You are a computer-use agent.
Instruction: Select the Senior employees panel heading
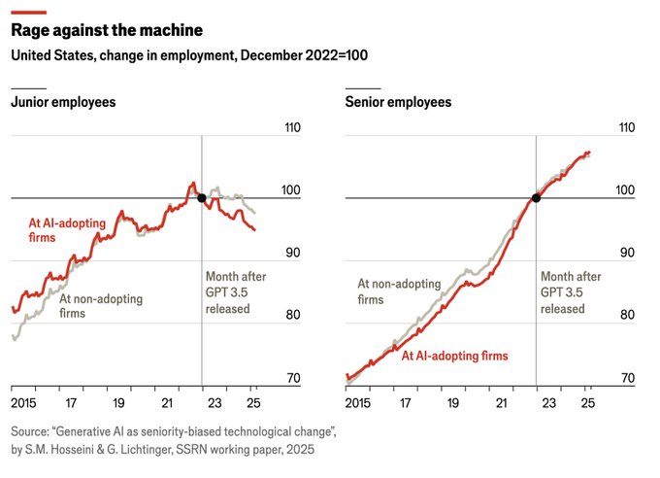pos(398,101)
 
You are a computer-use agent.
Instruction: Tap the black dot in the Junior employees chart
pos(201,198)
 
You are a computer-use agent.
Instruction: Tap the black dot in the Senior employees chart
pos(536,198)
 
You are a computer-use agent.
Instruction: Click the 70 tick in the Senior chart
pos(626,378)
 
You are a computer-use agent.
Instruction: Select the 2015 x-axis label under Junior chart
pos(23,402)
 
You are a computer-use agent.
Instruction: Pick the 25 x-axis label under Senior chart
pos(587,402)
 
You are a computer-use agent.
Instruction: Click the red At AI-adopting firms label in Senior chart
pos(454,356)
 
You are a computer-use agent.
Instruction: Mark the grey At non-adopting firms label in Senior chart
pos(398,291)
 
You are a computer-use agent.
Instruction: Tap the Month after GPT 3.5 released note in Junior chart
pos(235,292)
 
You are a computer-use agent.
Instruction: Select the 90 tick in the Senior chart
pos(626,253)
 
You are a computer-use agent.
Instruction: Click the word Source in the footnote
pos(33,430)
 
